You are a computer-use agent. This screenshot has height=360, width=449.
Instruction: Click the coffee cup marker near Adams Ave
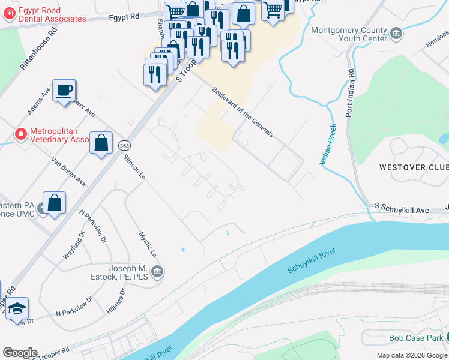click(x=64, y=91)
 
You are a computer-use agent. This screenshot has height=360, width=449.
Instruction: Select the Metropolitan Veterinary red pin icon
click(x=21, y=134)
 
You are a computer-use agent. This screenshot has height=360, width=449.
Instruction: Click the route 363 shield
click(x=124, y=146)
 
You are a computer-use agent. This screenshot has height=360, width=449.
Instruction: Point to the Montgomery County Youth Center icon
click(x=396, y=32)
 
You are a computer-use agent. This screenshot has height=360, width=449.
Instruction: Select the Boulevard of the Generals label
click(x=243, y=112)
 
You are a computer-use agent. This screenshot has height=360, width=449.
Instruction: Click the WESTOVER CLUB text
click(x=413, y=166)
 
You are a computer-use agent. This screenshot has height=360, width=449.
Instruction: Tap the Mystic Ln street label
click(x=148, y=245)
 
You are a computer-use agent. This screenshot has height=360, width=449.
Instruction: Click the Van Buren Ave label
click(x=68, y=172)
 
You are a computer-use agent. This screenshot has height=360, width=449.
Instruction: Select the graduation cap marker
click(x=18, y=308)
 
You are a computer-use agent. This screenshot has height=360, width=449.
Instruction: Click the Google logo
click(x=20, y=353)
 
